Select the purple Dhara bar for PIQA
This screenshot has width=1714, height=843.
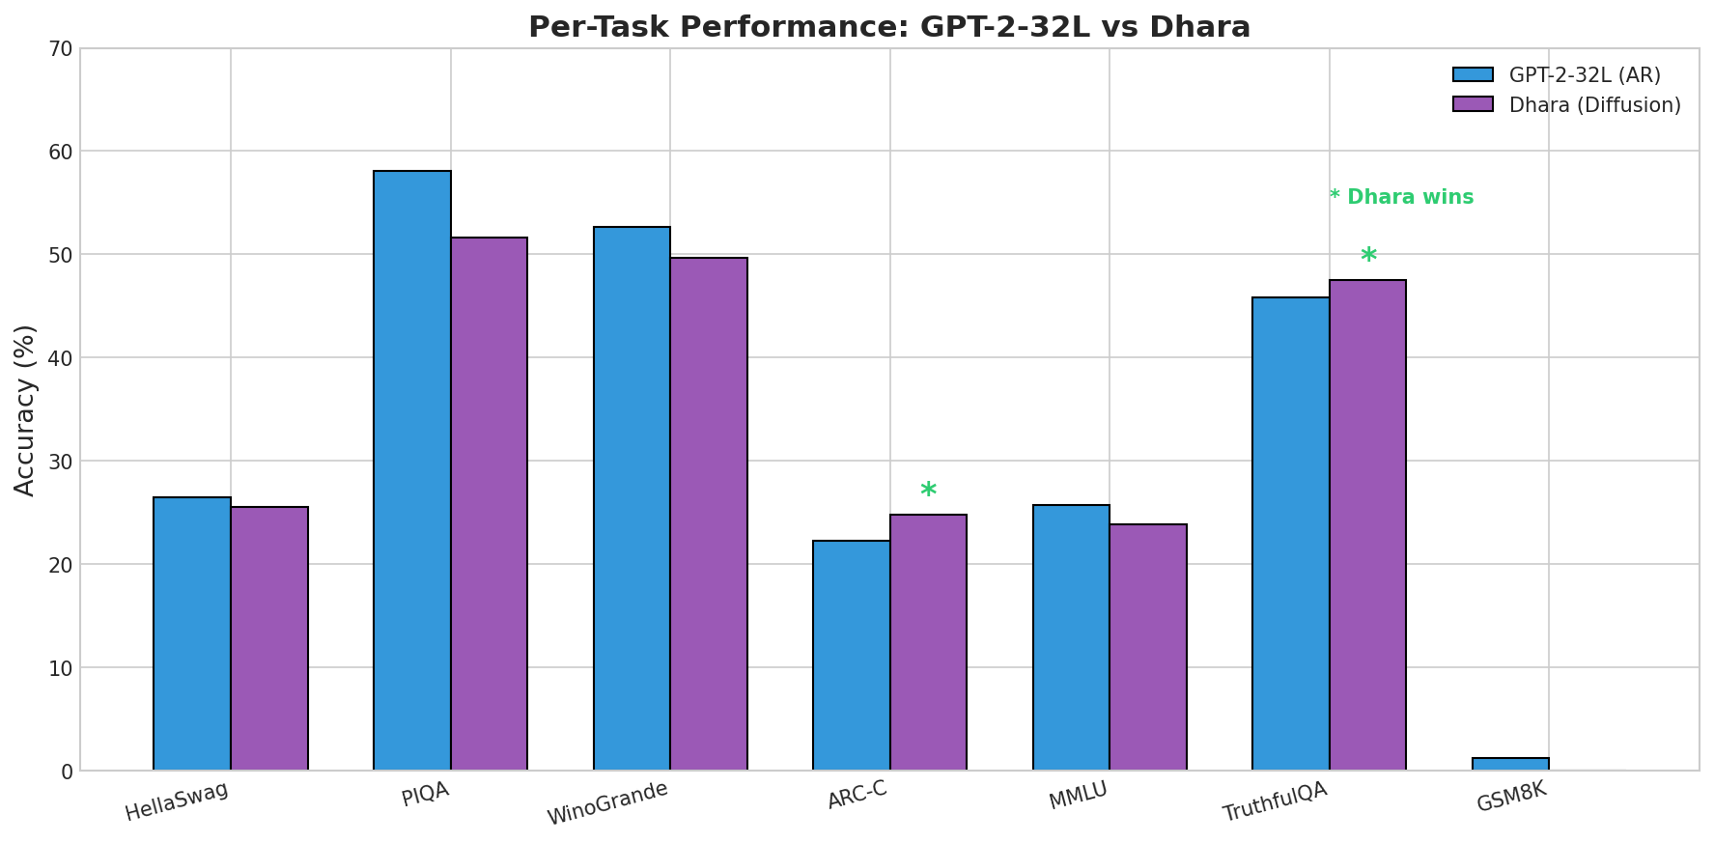489,503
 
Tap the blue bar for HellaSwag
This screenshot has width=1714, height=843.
192,633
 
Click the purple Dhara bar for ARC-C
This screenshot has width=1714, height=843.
928,642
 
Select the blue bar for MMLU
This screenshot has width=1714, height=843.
1071,637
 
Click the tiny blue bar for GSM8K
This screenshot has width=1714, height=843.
1510,764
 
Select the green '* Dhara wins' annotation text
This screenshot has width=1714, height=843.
1401,197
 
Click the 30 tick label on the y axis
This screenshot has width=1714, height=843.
60,462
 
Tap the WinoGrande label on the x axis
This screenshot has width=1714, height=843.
608,803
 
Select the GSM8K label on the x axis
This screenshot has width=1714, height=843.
1512,799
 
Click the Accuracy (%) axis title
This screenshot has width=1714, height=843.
26,409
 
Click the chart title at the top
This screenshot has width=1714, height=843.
888,27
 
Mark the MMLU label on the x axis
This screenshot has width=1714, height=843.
1079,797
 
